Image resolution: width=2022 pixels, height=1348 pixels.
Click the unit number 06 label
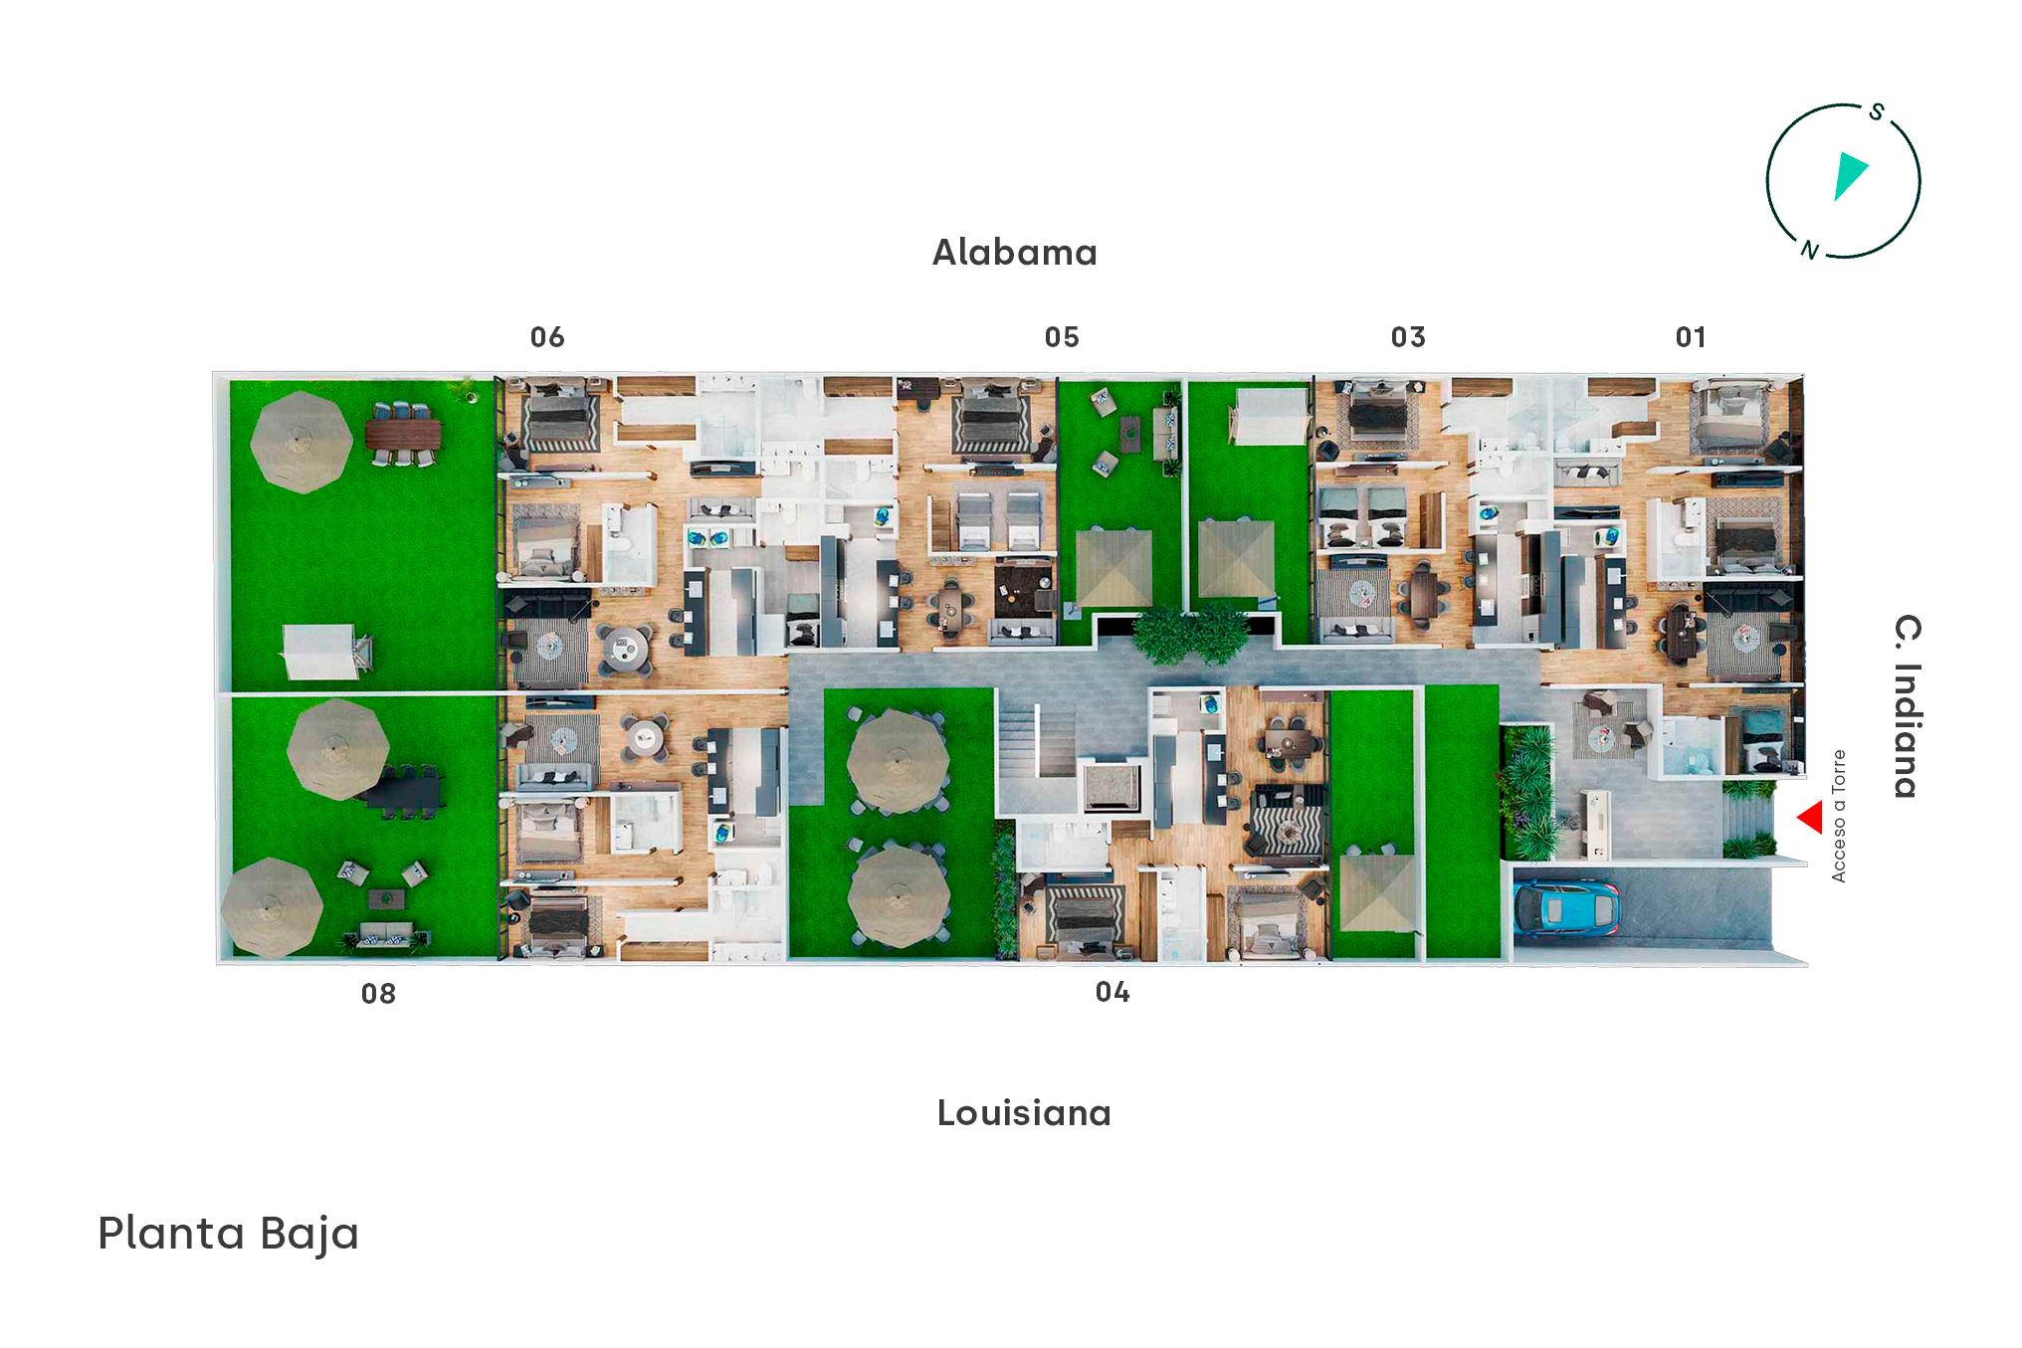tap(547, 337)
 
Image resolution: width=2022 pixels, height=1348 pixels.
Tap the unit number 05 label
tap(1062, 337)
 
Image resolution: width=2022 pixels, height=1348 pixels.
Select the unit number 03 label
tap(1408, 337)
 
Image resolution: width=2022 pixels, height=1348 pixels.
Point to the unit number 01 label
tap(1691, 337)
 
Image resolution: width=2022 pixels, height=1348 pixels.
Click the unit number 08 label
tap(378, 993)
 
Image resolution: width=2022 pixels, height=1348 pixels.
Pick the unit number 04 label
tap(1112, 992)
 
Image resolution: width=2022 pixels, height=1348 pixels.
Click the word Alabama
tap(1015, 253)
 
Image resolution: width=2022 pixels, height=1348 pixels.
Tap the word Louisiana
tap(1024, 1112)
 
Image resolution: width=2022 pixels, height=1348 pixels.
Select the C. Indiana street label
tap(1907, 706)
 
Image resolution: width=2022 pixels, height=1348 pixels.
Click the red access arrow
tap(1811, 819)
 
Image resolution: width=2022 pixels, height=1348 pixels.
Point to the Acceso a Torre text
tap(1838, 816)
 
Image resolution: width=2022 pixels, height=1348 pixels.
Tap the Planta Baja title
tap(228, 1234)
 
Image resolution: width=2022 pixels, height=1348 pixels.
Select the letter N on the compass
tap(1810, 250)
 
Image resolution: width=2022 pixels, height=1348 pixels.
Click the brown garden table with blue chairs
tap(403, 433)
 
